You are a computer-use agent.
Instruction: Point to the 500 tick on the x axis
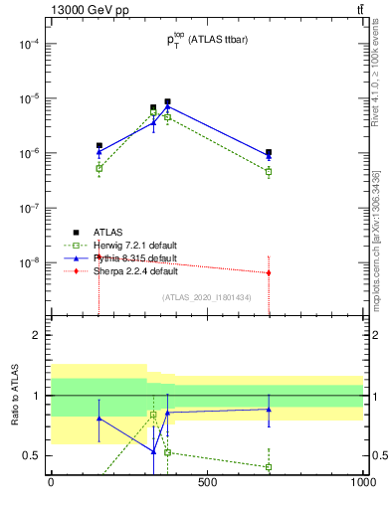pos(207,483)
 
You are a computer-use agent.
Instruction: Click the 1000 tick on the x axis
pos(363,483)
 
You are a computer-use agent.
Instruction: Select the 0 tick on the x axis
pos(51,483)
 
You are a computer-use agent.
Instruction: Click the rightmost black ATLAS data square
pos(269,153)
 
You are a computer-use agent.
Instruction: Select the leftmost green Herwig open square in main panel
pos(99,168)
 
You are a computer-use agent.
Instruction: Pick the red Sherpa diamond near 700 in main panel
pos(269,272)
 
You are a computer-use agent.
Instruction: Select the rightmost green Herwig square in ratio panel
pos(269,467)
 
